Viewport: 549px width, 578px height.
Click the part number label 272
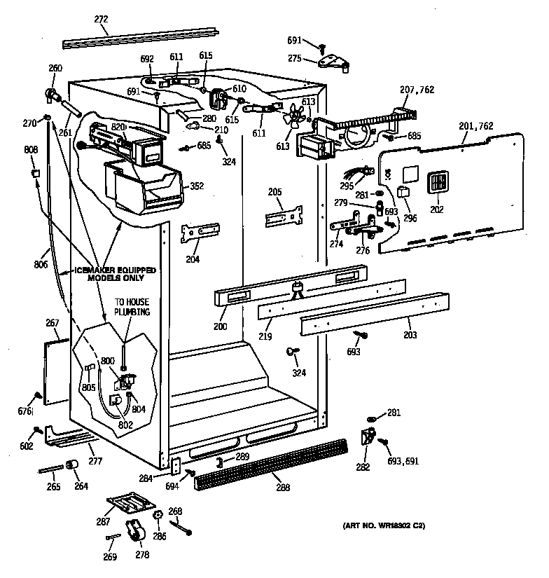[102, 20]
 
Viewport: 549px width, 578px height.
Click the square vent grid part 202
[436, 182]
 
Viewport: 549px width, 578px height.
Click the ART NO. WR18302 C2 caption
[384, 525]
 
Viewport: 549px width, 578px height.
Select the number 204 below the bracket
[193, 259]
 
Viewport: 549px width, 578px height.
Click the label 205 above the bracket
[274, 191]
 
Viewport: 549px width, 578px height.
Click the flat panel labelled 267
[57, 372]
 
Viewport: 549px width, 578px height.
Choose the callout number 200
[221, 326]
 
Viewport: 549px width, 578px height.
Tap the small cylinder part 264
[71, 466]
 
